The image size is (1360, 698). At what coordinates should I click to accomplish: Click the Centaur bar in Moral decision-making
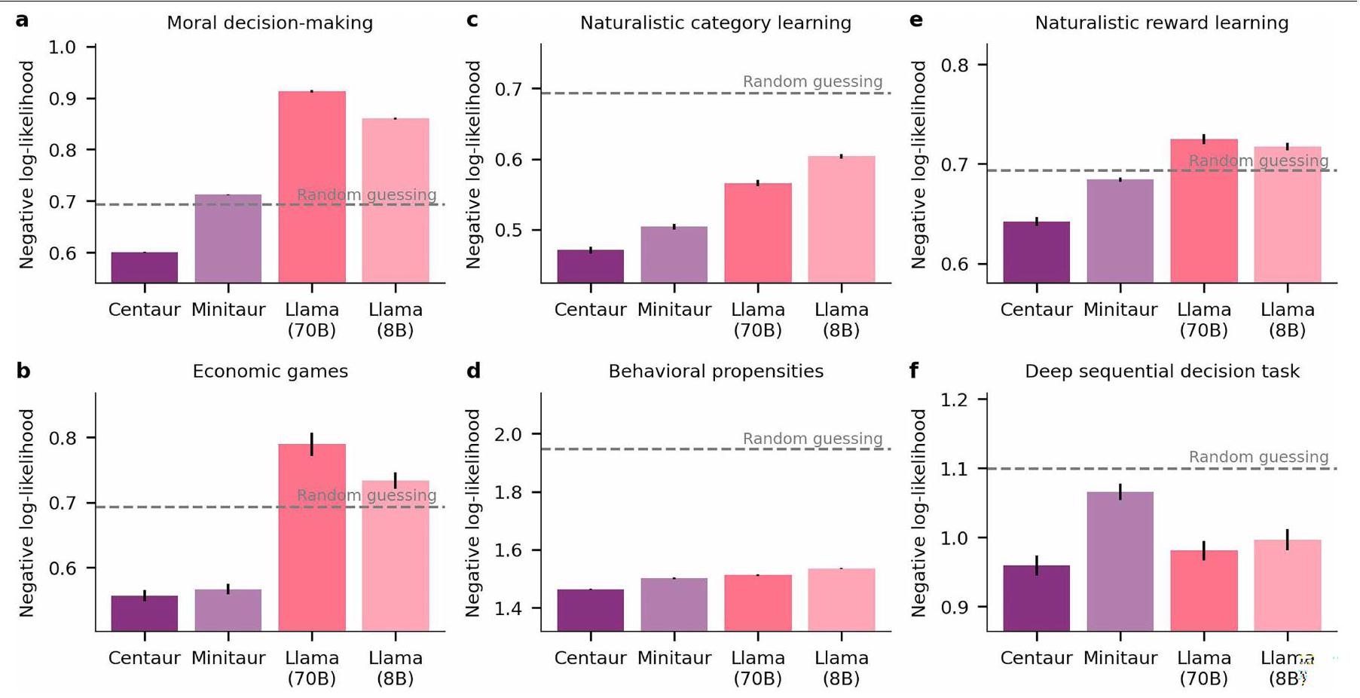coord(145,268)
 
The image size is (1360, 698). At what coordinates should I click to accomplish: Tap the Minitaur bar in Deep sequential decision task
coord(1120,561)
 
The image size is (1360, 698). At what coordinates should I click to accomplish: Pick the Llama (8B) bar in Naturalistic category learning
coord(842,219)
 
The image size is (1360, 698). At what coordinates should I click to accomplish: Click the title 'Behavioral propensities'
coord(716,372)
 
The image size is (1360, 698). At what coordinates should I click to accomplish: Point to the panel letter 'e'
coord(916,20)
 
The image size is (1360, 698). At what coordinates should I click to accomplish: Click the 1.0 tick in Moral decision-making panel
coord(63,47)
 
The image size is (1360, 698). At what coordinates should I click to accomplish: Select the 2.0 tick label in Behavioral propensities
coord(509,434)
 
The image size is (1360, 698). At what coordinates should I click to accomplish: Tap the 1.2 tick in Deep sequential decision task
coord(955,400)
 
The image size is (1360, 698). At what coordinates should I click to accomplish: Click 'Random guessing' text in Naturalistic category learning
coord(812,81)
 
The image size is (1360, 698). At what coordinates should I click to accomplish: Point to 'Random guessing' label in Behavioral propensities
coord(812,439)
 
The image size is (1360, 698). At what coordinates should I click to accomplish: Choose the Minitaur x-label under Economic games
coord(228,658)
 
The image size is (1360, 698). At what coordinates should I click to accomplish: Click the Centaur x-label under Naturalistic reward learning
coord(1036,310)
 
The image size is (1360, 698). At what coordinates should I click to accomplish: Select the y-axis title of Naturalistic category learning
coord(473,164)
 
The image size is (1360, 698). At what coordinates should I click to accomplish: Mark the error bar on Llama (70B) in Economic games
coord(312,444)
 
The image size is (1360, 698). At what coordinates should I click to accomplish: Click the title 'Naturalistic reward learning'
coord(1161,23)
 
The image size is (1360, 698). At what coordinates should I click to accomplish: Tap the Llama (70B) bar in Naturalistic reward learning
coord(1204,210)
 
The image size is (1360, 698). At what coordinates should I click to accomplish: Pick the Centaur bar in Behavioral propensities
coord(591,610)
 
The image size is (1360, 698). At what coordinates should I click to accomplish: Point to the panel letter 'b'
coord(23,371)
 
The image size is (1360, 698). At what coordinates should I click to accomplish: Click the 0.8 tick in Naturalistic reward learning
coord(955,65)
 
